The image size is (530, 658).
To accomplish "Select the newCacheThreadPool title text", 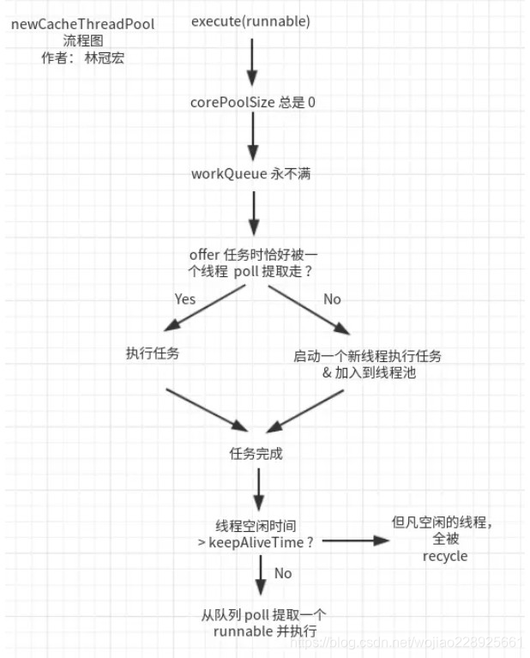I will point(83,24).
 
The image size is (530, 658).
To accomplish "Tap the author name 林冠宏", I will point(106,59).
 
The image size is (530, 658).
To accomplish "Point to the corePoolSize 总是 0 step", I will point(253,101).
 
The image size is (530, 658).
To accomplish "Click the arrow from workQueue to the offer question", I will point(253,213).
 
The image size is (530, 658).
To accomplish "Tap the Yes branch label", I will point(184,299).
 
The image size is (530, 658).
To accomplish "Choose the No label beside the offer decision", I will point(332,299).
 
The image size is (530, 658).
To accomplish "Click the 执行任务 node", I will point(152,353).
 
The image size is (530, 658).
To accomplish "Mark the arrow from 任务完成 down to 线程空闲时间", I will point(258,492).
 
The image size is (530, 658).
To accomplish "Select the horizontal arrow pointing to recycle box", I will point(352,540).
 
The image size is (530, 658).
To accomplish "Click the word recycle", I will point(445,556).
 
